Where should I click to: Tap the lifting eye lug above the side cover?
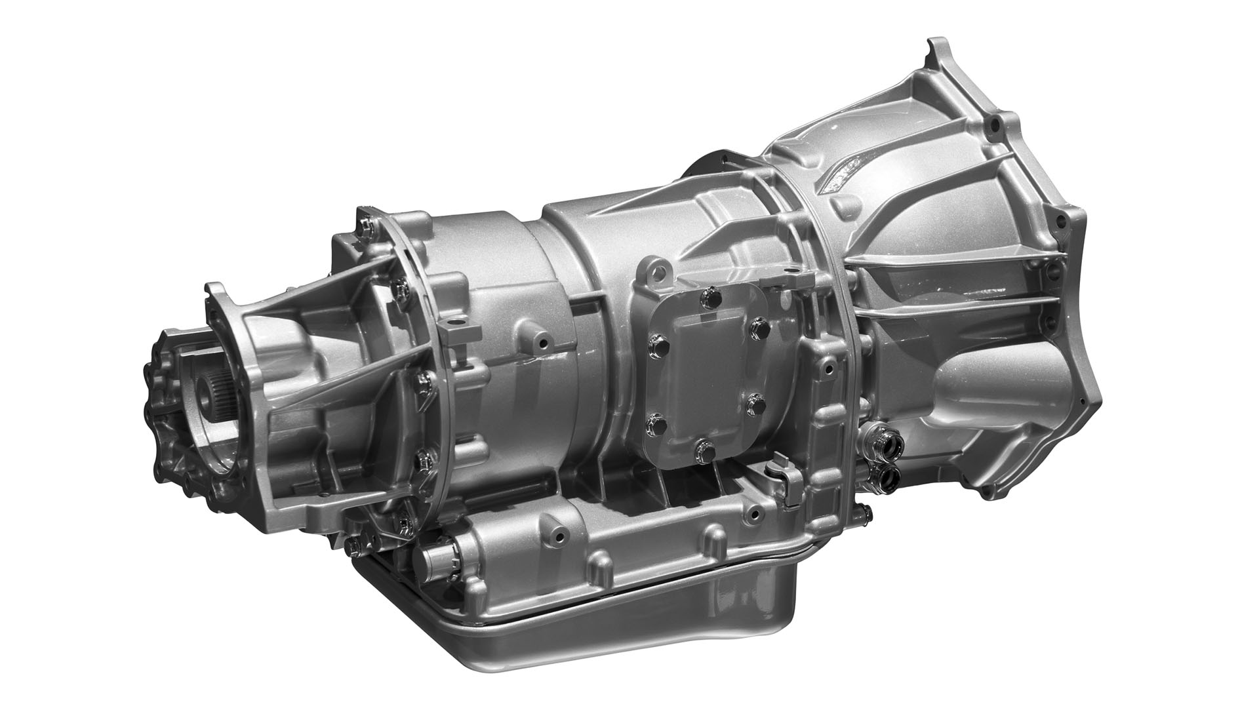[658, 270]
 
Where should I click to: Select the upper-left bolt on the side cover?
[654, 342]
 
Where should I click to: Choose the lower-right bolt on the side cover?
[755, 402]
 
